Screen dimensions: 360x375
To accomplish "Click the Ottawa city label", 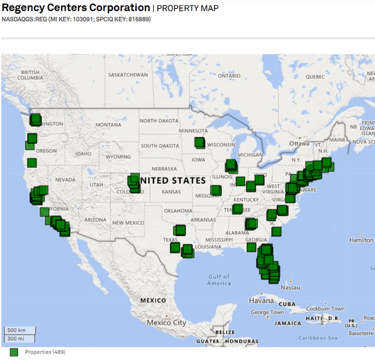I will click(x=299, y=144).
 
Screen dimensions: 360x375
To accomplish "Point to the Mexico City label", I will click(x=166, y=322).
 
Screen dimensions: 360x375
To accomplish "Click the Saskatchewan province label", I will click(x=128, y=75).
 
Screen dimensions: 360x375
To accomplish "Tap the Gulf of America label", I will click(x=219, y=280).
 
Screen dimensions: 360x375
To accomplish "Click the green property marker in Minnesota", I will click(x=200, y=142).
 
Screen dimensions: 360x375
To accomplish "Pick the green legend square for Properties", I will click(x=14, y=352).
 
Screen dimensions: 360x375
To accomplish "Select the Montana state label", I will click(x=108, y=124).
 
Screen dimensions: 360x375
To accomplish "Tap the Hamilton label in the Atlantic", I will click(x=361, y=240).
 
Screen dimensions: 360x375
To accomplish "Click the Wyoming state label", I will click(x=118, y=157).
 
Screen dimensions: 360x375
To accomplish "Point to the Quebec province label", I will click(x=313, y=76).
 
